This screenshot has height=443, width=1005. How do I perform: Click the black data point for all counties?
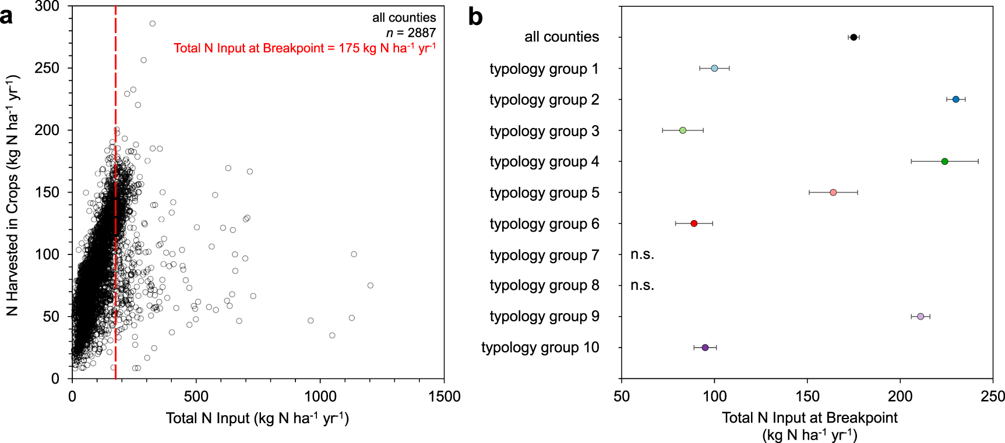[x=854, y=37]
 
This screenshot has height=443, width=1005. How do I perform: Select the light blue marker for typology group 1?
[x=714, y=68]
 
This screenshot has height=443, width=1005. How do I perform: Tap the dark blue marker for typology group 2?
[x=955, y=100]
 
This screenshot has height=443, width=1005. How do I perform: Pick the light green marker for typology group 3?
[x=683, y=130]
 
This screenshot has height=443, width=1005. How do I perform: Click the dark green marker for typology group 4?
[x=944, y=161]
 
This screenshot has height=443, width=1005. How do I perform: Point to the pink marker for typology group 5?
[x=833, y=192]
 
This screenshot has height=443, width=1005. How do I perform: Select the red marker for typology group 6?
[x=694, y=224]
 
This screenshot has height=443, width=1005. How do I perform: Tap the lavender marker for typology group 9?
[x=921, y=316]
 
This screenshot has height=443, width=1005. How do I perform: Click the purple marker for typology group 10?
[x=705, y=348]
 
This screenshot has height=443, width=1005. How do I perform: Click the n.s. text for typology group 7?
[x=642, y=254]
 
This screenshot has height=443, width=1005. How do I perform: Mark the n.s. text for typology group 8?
[x=642, y=285]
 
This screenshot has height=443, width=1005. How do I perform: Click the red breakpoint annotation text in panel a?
[x=304, y=48]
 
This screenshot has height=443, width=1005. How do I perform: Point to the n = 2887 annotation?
[x=411, y=33]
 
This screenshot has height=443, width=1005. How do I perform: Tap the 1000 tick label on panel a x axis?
[x=320, y=397]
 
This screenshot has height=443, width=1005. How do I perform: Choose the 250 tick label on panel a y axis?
[x=47, y=68]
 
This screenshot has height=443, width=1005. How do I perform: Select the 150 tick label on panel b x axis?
[x=807, y=397]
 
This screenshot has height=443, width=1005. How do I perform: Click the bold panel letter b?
[x=475, y=17]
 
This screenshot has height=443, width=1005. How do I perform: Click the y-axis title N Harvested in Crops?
[x=13, y=195]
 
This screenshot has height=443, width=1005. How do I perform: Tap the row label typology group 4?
[x=544, y=161]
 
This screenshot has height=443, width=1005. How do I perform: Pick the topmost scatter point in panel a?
[x=153, y=24]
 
